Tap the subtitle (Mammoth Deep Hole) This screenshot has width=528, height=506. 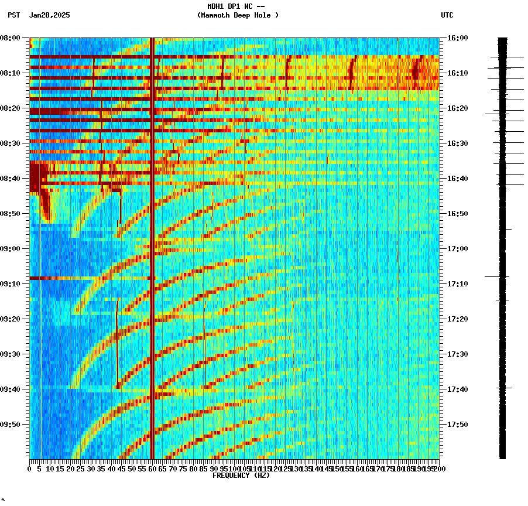[x=238, y=15]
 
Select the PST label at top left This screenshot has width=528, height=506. [x=13, y=15]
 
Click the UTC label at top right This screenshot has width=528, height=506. [x=447, y=15]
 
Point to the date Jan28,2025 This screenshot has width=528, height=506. [x=49, y=15]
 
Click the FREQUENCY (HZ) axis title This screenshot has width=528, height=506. [x=241, y=476]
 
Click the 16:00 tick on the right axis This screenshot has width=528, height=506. [x=458, y=38]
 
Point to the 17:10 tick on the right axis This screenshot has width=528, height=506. [x=458, y=284]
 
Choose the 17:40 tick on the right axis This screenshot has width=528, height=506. [x=458, y=389]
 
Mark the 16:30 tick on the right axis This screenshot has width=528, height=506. [x=458, y=143]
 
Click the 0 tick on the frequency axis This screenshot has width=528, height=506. [x=30, y=469]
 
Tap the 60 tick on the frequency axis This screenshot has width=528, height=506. [x=152, y=469]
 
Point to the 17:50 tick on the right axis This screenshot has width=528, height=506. [x=458, y=425]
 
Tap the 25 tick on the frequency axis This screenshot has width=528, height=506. [x=81, y=469]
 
